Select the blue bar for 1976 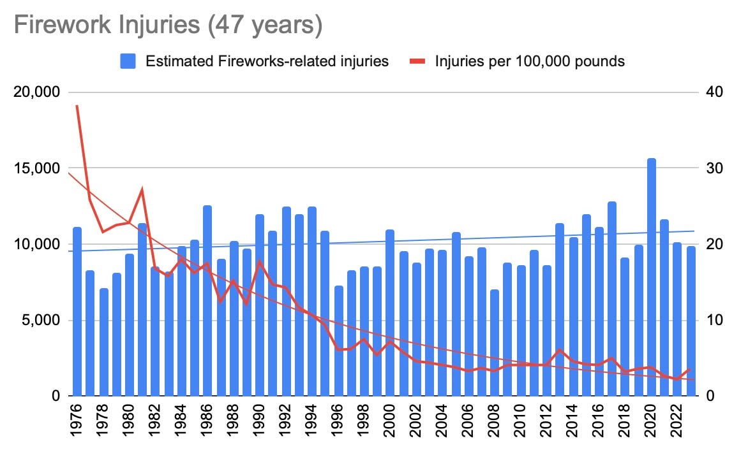click(77, 312)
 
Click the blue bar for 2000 click(390, 313)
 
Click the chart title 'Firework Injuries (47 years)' click(168, 26)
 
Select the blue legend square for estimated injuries click(128, 61)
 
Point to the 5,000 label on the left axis click(41, 321)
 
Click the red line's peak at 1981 click(142, 189)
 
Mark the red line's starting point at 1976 click(77, 106)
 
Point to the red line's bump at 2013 click(560, 351)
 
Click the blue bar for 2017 click(612, 299)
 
